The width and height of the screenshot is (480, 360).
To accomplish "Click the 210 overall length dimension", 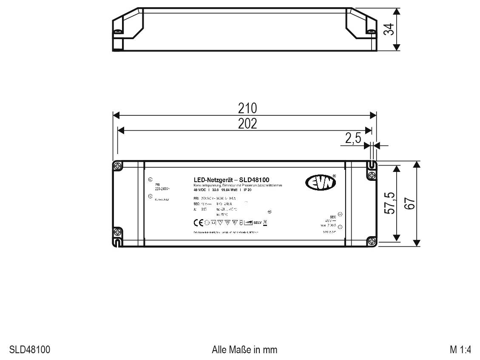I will click(247, 108).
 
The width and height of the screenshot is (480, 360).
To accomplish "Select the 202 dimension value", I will click(247, 123).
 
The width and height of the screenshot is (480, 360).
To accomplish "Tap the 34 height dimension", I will click(388, 29).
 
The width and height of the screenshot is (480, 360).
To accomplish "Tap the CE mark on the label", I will click(199, 223).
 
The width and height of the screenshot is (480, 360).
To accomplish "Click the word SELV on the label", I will click(258, 223).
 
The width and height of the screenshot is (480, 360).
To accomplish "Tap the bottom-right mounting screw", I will click(372, 241).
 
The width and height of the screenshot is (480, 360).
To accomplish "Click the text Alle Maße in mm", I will click(244, 350).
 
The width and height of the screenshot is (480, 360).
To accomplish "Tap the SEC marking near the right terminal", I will click(333, 217).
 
